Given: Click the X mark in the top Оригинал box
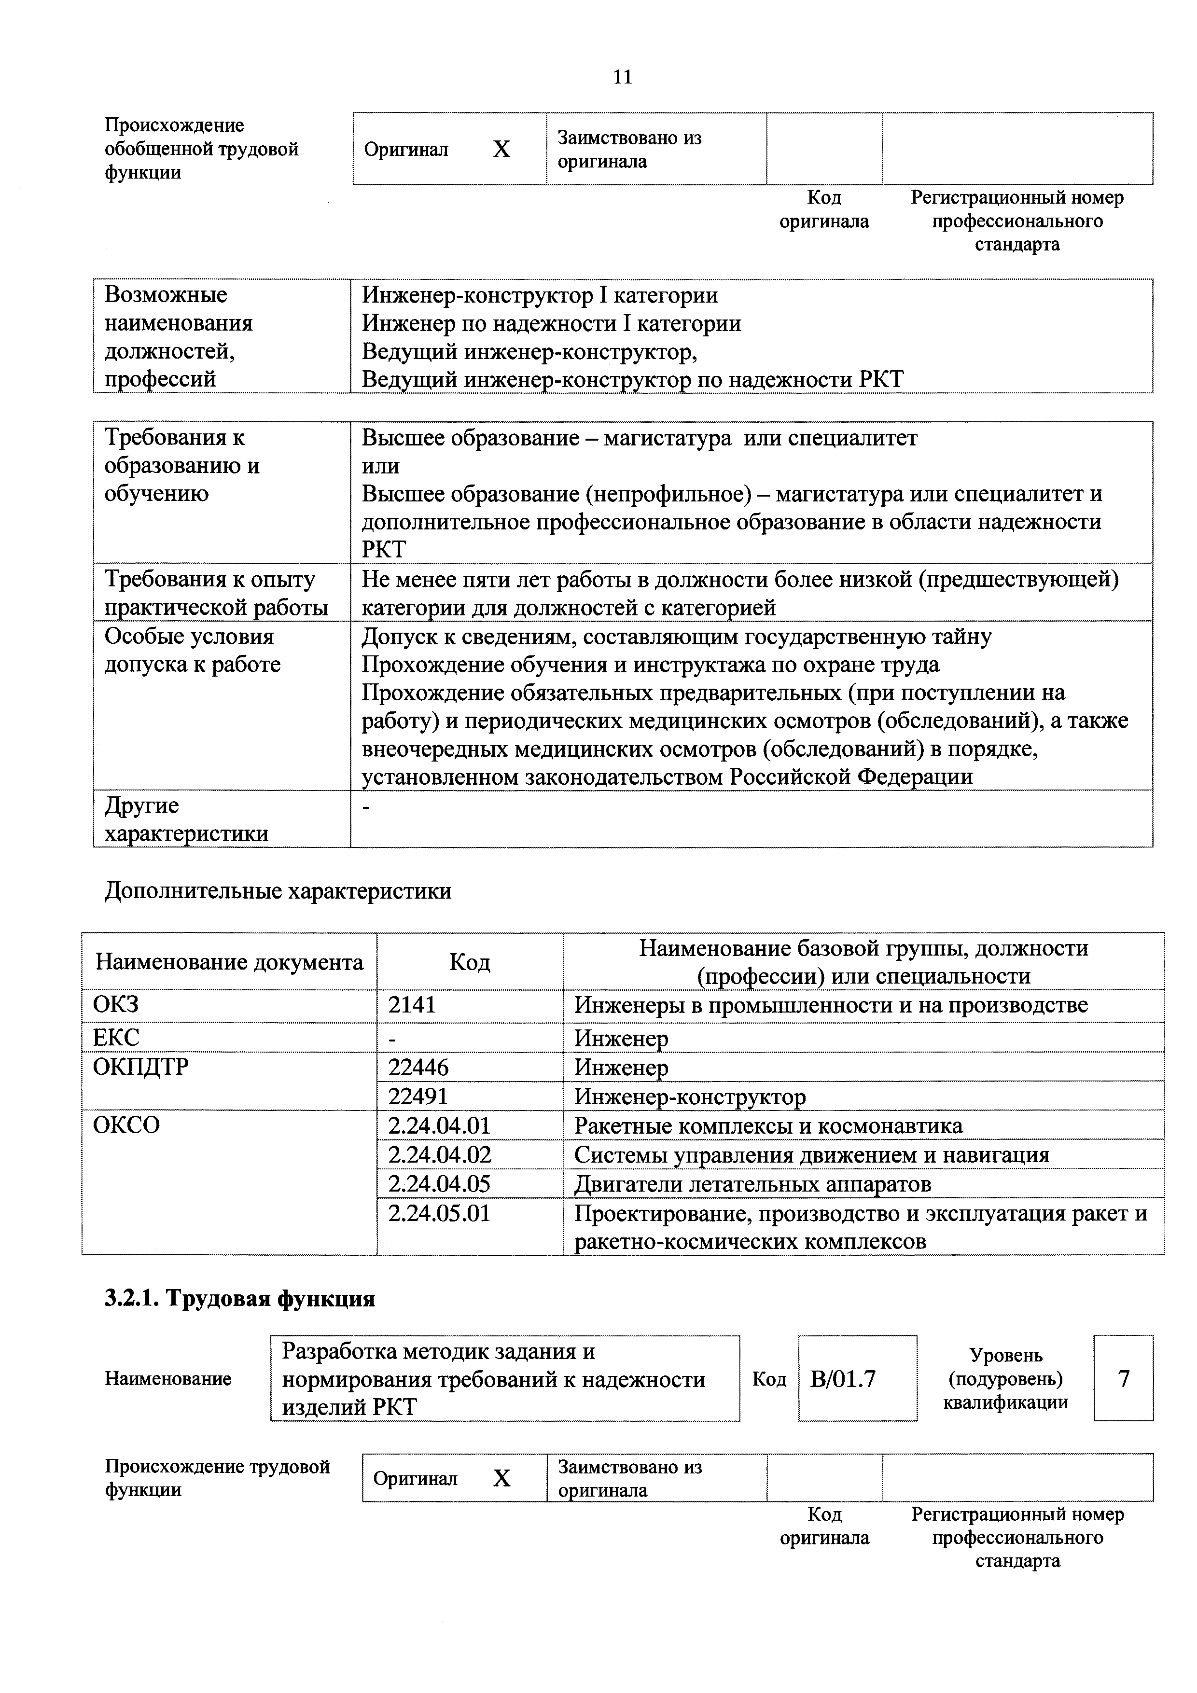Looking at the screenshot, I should click(501, 150).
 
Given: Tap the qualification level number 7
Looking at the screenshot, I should click(1123, 1379).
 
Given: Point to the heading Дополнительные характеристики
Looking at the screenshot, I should click(278, 891).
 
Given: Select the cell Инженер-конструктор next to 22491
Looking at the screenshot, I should click(690, 1097).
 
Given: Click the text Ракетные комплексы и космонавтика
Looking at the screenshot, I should click(768, 1126).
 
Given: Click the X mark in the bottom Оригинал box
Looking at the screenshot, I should click(501, 1478).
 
